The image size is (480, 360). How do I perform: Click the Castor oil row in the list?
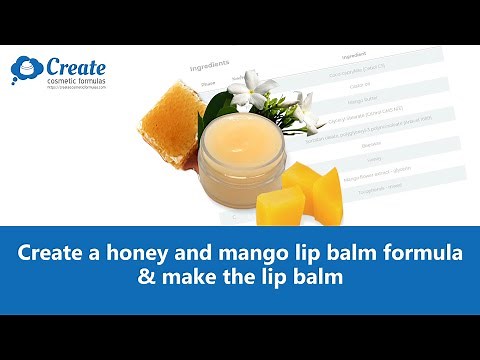[345, 85]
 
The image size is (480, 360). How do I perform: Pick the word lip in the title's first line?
[291, 254]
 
